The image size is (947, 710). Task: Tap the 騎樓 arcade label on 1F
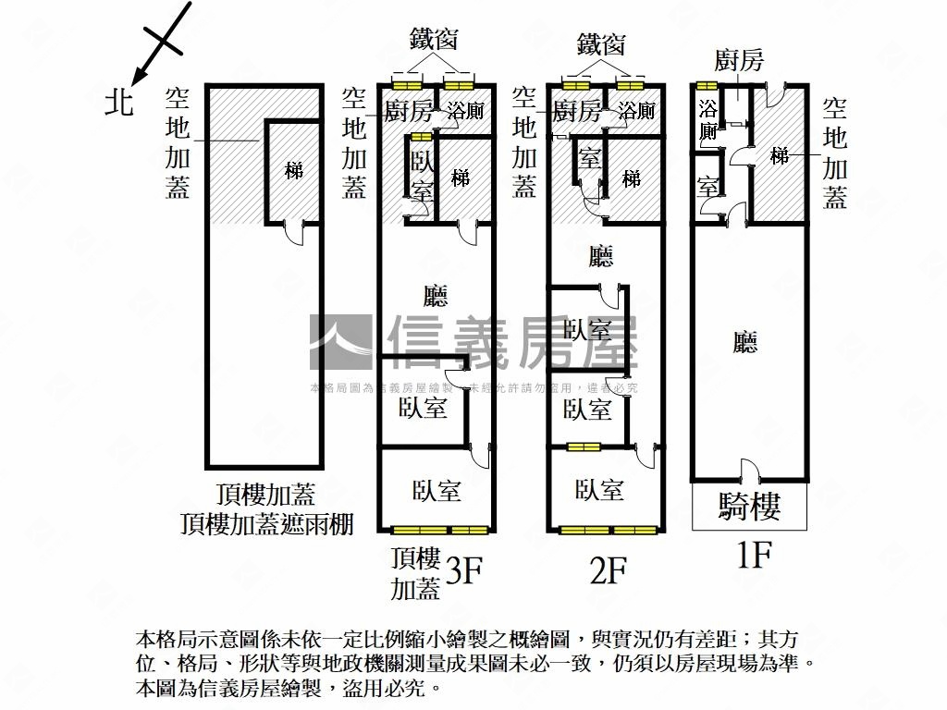pos(749,507)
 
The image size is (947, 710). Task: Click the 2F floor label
pos(609,572)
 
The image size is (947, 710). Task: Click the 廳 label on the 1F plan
pos(745,344)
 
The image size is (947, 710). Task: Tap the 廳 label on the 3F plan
pos(435,297)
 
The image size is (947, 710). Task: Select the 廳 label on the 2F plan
pos(601,256)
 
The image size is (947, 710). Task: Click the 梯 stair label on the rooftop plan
pos(294,171)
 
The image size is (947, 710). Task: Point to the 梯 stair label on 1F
pos(780,156)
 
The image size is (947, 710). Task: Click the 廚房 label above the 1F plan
pos(739,61)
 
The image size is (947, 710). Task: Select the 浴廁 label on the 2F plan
pos(636,112)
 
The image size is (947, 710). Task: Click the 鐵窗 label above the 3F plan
pos(435,40)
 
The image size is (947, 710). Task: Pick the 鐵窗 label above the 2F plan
pos(601,43)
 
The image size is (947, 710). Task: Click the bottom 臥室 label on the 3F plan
pos(437,490)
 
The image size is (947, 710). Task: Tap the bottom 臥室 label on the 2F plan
pos(598,490)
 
